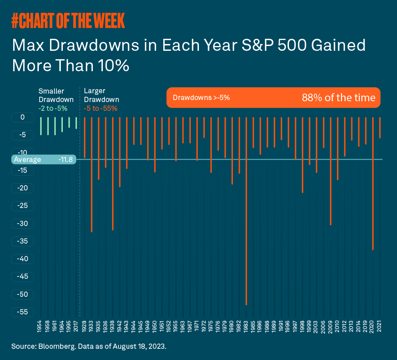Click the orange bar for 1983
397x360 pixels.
[246, 211]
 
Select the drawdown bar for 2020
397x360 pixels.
[373, 184]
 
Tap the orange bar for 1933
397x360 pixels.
[92, 174]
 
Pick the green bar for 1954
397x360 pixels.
[41, 126]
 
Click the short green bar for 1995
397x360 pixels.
[69, 122]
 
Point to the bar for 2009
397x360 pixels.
[331, 171]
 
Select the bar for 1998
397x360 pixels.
[303, 155]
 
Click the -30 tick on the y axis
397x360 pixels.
[22, 224]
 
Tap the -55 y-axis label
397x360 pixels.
[22, 312]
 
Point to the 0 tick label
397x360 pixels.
[22, 117]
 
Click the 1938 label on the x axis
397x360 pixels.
[112, 326]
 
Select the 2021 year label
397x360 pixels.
[379, 326]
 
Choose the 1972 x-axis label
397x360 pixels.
[204, 326]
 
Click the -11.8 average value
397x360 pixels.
[66, 159]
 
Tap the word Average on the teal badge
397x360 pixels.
[27, 160]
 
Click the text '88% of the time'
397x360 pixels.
[339, 98]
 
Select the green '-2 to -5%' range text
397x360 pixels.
[53, 108]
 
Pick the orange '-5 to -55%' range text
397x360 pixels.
[100, 108]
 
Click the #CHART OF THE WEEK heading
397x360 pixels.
[68, 20]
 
